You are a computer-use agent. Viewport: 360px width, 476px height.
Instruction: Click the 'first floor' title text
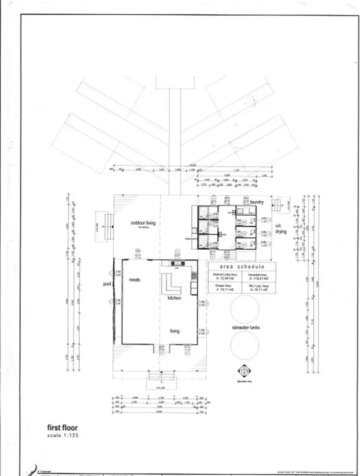(62, 427)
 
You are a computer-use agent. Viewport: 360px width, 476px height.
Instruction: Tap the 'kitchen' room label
(175, 298)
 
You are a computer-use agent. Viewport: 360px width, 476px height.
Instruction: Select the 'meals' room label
(134, 280)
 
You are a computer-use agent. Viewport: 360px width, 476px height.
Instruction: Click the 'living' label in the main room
(174, 331)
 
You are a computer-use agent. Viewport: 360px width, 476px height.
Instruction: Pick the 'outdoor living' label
(146, 223)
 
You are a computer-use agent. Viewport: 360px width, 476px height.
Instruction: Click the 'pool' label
(107, 284)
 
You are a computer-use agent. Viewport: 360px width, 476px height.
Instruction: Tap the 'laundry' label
(256, 203)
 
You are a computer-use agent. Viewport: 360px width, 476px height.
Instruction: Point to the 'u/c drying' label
(281, 229)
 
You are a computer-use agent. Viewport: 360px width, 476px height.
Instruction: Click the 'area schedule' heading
(242, 267)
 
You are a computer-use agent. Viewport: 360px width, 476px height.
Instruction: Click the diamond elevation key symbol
(246, 371)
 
